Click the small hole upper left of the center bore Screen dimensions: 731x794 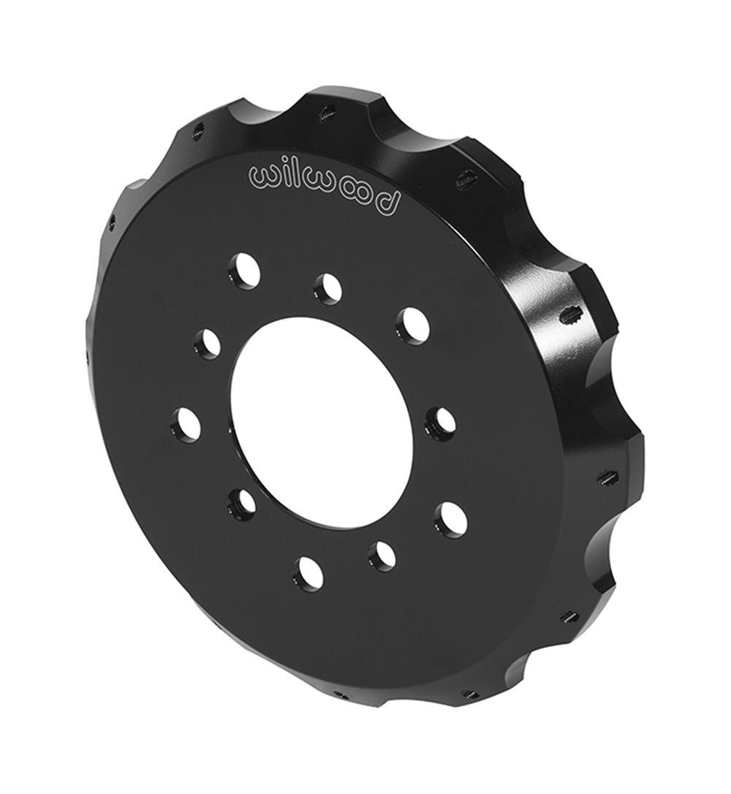208,343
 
